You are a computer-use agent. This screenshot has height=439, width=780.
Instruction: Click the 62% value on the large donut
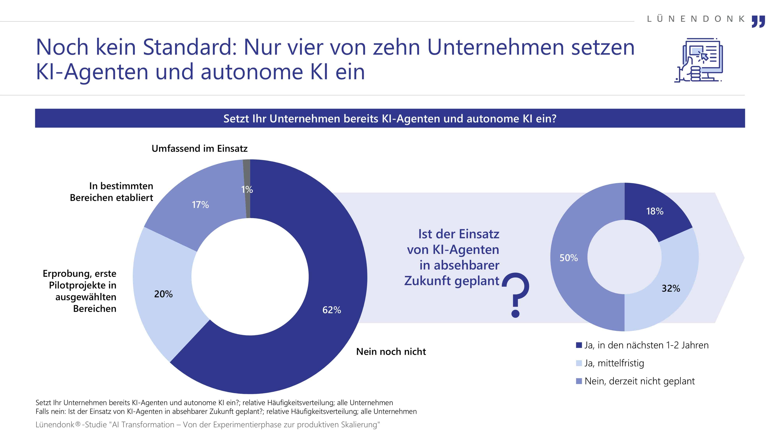[x=332, y=310]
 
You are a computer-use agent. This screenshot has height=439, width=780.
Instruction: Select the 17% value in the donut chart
[x=200, y=205]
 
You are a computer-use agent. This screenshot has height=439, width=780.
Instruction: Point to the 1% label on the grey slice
[x=247, y=190]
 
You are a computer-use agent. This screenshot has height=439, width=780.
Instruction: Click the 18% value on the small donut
[x=655, y=211]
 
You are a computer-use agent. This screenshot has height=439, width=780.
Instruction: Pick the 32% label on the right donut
[x=671, y=288]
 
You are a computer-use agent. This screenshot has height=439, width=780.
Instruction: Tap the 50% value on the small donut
[x=568, y=258]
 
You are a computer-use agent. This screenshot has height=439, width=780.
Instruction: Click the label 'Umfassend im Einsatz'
[x=200, y=148]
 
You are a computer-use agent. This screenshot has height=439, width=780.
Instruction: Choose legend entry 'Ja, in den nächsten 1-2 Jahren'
[x=642, y=345]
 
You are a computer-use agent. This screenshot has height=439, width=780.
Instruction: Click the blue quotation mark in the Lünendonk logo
[x=759, y=22]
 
